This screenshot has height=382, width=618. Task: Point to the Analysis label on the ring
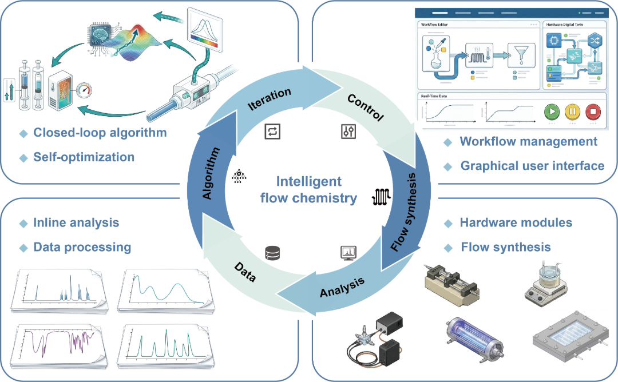tap(342, 284)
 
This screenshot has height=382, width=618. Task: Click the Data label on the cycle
tap(244, 272)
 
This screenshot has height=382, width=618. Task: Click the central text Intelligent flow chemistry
tap(308, 190)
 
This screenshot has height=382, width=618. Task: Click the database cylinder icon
tap(272, 252)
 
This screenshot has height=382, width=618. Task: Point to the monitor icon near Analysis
tap(348, 252)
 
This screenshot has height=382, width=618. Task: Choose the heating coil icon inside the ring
tap(382, 197)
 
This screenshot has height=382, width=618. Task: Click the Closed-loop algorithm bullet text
tap(100, 133)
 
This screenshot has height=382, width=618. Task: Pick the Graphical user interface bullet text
tap(532, 166)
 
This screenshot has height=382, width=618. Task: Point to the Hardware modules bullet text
tap(516, 222)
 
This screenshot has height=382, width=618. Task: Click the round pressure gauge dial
tap(84, 90)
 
